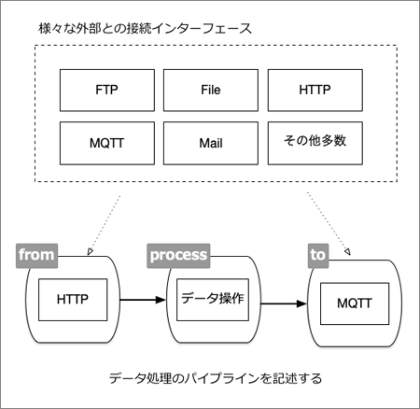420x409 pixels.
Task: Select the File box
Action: coord(210,92)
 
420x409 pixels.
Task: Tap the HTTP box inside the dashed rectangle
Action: coord(314,92)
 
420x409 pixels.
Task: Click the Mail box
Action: coord(210,144)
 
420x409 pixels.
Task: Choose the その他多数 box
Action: coord(314,144)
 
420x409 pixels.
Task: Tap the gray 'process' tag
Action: coord(177,253)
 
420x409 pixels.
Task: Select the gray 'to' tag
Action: coord(320,253)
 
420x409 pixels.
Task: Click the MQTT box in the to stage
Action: coord(354,303)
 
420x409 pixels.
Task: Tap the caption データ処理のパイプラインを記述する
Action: coord(210,378)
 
